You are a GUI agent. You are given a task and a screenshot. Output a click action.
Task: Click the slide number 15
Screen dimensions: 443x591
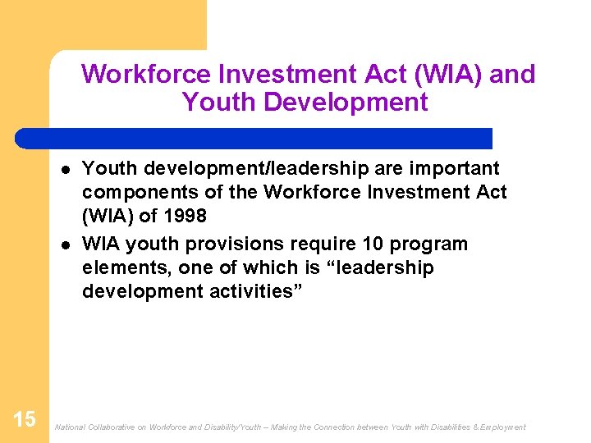(x=25, y=419)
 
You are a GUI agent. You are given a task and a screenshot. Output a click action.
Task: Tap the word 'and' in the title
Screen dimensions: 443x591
(x=512, y=75)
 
